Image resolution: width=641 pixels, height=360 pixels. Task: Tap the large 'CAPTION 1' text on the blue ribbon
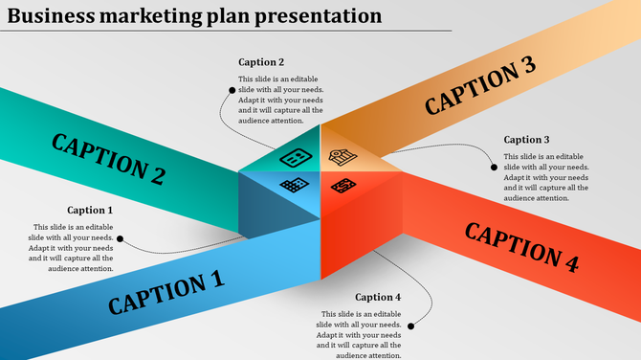click(166, 292)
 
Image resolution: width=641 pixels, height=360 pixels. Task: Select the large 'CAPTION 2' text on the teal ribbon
click(108, 158)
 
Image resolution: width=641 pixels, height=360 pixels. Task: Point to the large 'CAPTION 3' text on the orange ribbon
click(480, 85)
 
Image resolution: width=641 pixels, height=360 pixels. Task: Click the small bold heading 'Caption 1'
click(90, 210)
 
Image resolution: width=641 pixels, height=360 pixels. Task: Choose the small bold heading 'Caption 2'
click(261, 62)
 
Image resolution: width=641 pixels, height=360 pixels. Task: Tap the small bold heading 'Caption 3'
click(527, 140)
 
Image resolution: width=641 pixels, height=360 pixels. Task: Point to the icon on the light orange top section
click(342, 157)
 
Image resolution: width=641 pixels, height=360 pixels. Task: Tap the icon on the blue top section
click(295, 184)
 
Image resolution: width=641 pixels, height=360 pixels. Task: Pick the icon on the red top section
click(343, 183)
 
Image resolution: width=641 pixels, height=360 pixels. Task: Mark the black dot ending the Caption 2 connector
click(231, 90)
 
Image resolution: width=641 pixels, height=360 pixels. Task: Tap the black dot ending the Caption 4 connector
click(411, 326)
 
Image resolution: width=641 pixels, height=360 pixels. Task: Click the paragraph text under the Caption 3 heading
click(545, 177)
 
